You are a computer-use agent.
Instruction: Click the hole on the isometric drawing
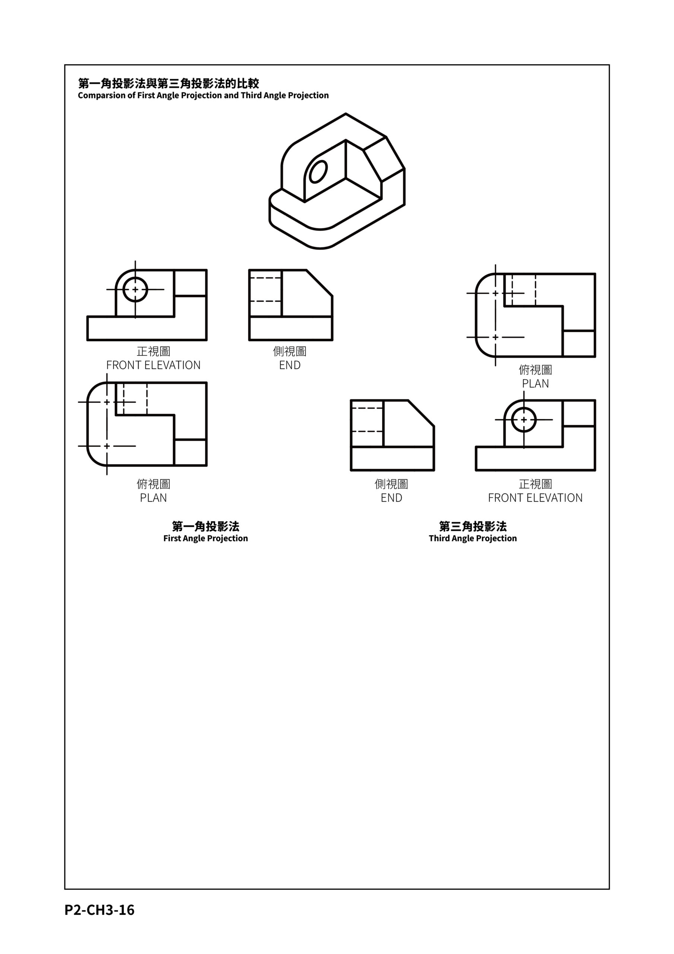(318, 171)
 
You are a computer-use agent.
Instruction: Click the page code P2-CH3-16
(100, 910)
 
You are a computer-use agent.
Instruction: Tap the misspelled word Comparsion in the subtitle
(102, 95)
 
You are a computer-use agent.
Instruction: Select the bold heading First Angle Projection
(206, 538)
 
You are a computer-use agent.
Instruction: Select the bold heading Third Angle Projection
(473, 538)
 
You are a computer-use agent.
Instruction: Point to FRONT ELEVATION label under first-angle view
(153, 365)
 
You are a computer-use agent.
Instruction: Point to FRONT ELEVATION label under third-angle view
(535, 498)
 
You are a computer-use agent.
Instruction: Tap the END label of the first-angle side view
(290, 365)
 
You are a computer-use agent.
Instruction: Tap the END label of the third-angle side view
(392, 498)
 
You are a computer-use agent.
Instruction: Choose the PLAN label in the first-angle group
(153, 498)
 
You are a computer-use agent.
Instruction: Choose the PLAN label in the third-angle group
(535, 383)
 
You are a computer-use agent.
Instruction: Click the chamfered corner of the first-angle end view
(319, 283)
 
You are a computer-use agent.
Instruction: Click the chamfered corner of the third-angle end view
(421, 413)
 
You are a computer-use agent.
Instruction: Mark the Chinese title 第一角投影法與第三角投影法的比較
(169, 83)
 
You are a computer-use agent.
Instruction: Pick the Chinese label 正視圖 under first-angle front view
(153, 351)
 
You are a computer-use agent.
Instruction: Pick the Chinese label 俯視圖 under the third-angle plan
(535, 370)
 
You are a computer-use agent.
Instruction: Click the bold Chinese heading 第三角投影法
(473, 527)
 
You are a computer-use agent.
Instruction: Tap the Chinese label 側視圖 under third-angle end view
(392, 484)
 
